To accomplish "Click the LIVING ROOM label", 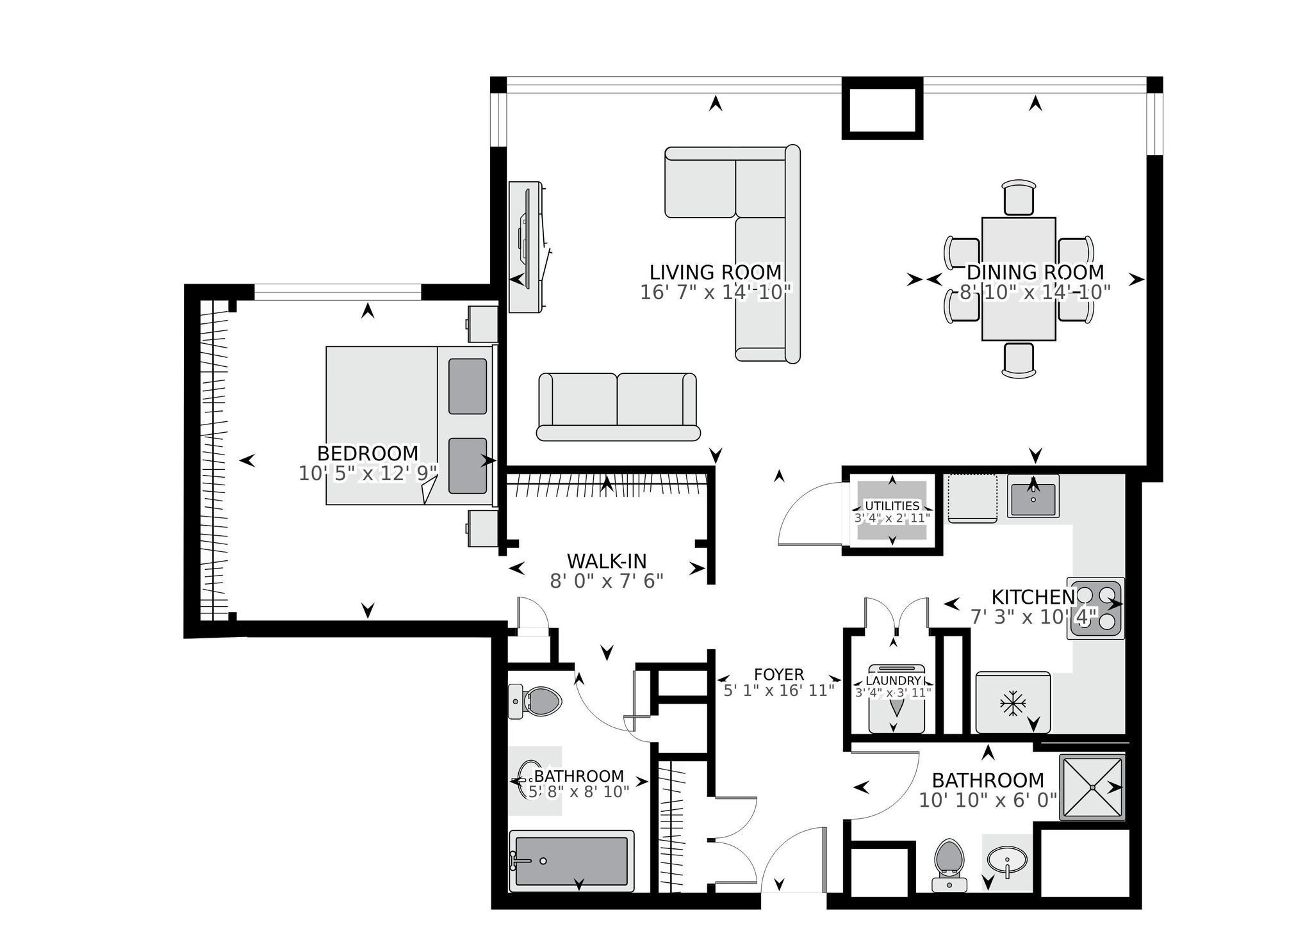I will click(716, 272).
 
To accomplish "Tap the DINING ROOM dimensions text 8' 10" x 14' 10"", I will click(1034, 293).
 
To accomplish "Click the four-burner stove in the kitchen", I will click(1095, 609).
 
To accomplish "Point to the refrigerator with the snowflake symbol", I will click(1012, 702).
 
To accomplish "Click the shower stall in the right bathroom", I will click(1092, 787).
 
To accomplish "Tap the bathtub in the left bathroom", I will click(571, 860).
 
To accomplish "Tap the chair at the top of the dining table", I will click(1019, 198).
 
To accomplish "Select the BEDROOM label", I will click(368, 453).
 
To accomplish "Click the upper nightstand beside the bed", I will click(482, 324).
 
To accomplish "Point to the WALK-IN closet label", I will click(607, 561).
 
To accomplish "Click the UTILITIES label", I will click(892, 506).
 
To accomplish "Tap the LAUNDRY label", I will click(893, 681).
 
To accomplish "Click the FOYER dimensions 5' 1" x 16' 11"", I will click(778, 690).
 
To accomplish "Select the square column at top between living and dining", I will click(882, 108).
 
